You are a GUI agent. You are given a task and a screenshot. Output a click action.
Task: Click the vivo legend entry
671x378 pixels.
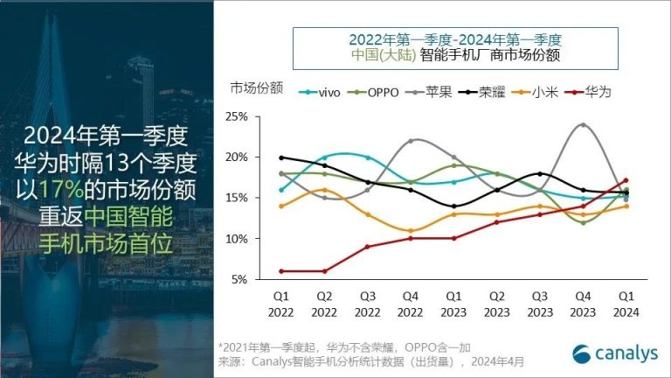click(321, 90)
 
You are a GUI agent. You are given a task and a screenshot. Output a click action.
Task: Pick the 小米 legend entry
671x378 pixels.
click(539, 90)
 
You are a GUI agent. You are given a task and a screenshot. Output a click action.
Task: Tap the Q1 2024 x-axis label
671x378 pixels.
click(626, 304)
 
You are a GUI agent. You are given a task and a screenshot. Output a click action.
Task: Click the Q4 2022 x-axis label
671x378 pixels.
click(410, 304)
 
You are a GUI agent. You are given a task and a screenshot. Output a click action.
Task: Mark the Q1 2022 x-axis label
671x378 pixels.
click(280, 304)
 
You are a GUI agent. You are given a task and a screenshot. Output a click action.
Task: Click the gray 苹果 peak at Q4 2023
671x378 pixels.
click(583, 124)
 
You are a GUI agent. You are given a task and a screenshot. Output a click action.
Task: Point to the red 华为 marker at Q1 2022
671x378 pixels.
click(280, 271)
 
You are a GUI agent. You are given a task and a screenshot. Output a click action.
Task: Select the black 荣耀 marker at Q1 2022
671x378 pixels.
click(280, 157)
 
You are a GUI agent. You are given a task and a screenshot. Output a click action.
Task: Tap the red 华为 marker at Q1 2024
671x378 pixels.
click(626, 180)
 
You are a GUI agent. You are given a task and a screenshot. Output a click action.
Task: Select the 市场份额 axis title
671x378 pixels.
click(257, 87)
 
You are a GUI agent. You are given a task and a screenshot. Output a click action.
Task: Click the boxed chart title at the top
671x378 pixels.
click(454, 46)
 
